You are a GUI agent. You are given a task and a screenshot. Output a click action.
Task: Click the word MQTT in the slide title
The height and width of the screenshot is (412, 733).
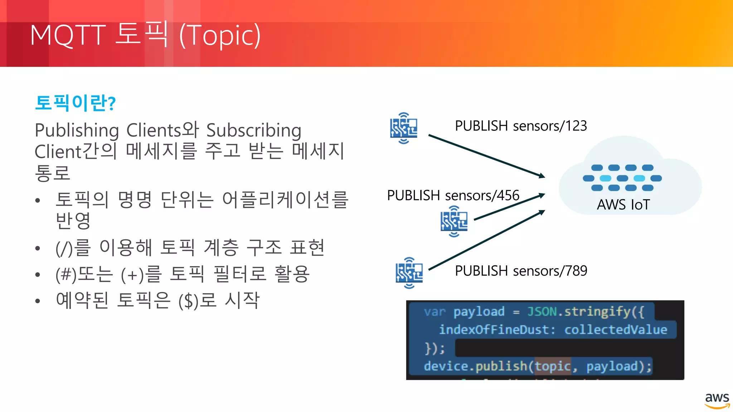68,35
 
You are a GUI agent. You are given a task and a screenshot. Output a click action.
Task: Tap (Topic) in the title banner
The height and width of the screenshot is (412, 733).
219,35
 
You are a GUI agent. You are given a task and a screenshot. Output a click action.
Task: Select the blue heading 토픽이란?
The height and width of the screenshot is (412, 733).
75,103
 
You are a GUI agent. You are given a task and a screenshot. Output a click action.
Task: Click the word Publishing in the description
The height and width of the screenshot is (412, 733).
77,130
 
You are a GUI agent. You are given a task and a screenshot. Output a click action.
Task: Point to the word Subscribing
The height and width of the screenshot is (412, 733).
254,130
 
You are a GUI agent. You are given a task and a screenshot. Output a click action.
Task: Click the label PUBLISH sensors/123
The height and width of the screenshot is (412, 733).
521,126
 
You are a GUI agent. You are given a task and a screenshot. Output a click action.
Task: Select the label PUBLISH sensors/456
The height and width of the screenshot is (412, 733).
453,196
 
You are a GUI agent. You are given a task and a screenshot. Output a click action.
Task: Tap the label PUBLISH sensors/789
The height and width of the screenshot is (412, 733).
521,271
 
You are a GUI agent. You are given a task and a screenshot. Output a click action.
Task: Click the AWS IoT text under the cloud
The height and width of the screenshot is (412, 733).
623,205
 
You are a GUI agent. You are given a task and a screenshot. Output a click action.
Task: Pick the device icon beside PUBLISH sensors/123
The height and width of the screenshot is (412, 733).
404,128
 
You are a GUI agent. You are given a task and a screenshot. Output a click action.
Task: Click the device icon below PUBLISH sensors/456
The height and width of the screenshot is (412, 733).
454,221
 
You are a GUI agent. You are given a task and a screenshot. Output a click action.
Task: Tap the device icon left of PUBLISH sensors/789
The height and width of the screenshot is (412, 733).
409,273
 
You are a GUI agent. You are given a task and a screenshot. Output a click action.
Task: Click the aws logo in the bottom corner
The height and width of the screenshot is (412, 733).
717,400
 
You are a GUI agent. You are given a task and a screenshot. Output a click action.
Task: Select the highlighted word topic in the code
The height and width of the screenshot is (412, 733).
552,366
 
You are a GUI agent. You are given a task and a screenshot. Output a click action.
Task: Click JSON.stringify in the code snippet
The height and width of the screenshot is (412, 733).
579,312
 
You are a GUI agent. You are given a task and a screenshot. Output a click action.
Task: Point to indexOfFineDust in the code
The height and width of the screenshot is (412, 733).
493,329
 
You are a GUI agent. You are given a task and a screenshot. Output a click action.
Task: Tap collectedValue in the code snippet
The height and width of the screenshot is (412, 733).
616,329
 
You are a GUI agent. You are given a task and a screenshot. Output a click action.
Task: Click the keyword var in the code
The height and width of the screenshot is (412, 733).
435,312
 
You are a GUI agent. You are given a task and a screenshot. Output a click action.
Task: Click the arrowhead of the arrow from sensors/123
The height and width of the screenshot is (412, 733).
542,176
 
